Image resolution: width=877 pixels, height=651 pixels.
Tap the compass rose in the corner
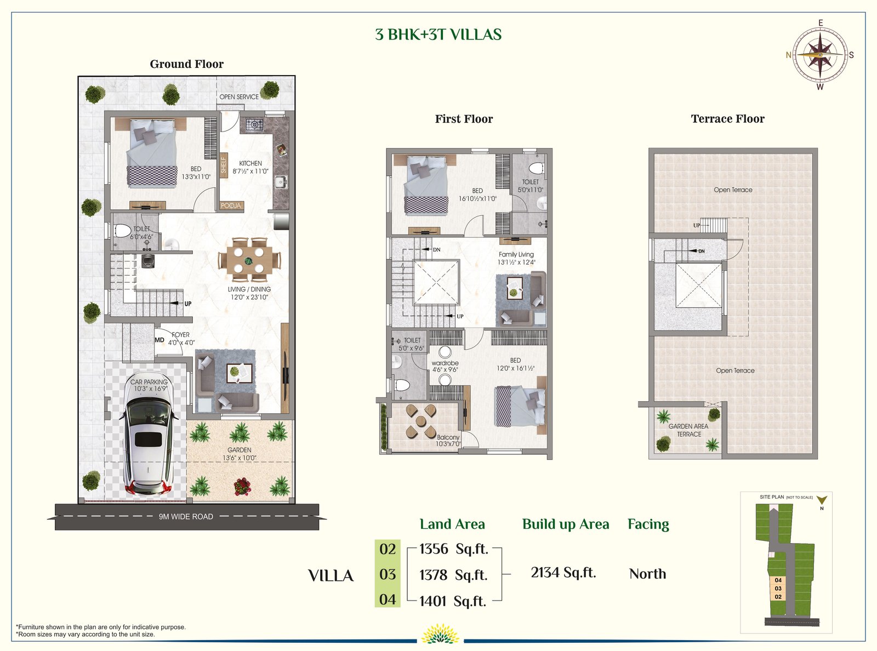point(820,55)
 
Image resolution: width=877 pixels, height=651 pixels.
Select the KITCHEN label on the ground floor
point(250,163)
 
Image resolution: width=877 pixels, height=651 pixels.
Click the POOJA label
point(231,205)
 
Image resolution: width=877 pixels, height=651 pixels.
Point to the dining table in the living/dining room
point(248,260)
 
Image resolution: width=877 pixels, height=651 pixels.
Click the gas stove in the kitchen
point(255,125)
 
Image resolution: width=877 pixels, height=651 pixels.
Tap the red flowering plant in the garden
point(242,487)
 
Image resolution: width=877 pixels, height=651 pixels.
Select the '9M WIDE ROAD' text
point(186,517)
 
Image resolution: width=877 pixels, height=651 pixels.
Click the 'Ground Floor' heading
point(186,64)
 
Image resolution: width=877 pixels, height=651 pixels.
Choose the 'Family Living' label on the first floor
point(516,255)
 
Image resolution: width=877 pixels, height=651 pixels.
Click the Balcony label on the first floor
point(448,437)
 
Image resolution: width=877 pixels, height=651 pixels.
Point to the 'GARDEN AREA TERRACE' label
point(688,430)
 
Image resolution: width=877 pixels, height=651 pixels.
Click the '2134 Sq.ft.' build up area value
point(563,572)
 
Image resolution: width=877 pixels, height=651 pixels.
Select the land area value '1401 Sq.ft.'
point(452,601)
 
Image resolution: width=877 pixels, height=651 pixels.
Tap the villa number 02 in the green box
point(388,549)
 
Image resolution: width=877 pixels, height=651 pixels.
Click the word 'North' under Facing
point(647,574)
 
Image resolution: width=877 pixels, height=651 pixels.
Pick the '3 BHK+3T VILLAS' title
point(438,35)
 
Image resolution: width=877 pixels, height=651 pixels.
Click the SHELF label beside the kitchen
point(224,165)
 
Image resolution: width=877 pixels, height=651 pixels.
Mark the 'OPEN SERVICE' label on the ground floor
point(239,97)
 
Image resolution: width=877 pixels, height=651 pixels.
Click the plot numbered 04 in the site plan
point(778,580)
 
